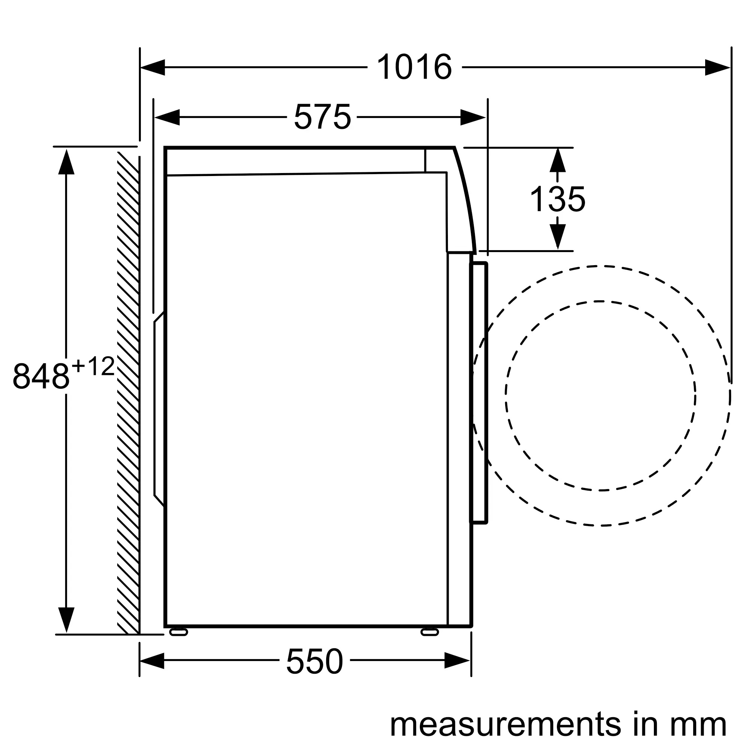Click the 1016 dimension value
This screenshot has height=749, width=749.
coord(415,67)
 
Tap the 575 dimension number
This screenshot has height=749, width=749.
coord(322,117)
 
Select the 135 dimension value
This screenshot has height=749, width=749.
coord(558,199)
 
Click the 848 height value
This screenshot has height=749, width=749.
coord(41,376)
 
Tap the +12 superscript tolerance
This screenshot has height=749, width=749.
coord(93,366)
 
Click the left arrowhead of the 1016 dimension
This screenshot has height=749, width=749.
coord(152,67)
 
